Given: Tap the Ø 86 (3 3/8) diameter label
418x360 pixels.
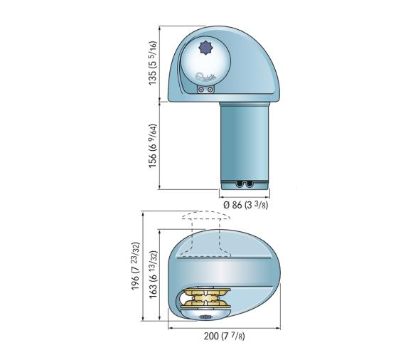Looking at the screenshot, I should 245,205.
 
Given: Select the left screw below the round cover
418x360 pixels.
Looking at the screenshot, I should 203,90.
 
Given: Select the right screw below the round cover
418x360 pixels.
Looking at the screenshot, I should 211,90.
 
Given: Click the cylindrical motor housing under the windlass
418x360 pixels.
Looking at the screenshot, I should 244,142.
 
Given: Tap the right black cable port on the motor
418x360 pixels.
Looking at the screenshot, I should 250,184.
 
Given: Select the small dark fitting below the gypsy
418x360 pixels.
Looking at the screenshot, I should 205,319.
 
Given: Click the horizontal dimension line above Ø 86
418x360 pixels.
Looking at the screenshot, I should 245,194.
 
